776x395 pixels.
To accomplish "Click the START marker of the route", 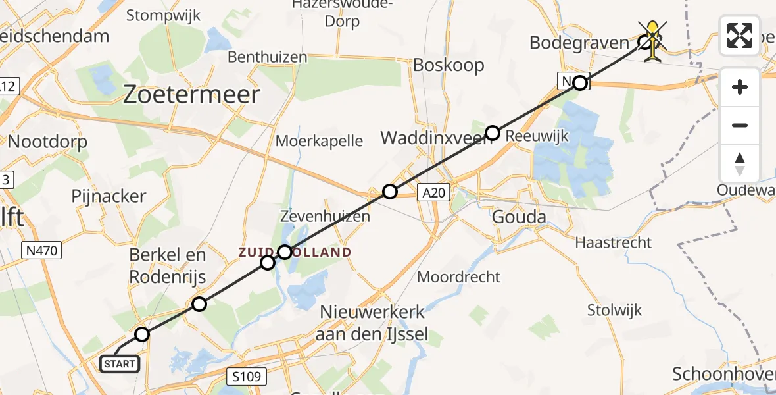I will (x=120, y=363).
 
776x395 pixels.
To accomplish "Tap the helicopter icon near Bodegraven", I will (x=652, y=41).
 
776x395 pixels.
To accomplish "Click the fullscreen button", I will (x=740, y=36).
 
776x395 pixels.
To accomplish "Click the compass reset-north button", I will (x=740, y=164).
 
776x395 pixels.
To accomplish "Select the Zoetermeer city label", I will (x=192, y=95).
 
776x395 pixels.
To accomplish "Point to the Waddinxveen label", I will (x=433, y=139).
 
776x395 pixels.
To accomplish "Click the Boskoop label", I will (x=449, y=65).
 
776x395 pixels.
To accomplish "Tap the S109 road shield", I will (x=248, y=377).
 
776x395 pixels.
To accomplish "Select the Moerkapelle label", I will (x=319, y=140).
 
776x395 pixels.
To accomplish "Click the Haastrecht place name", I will (x=614, y=242).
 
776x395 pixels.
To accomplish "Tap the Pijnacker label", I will (x=109, y=196).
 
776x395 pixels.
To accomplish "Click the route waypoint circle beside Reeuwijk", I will (x=492, y=134).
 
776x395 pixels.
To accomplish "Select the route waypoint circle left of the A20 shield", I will (x=390, y=192).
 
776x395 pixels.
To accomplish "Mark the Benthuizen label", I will (x=267, y=57).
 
